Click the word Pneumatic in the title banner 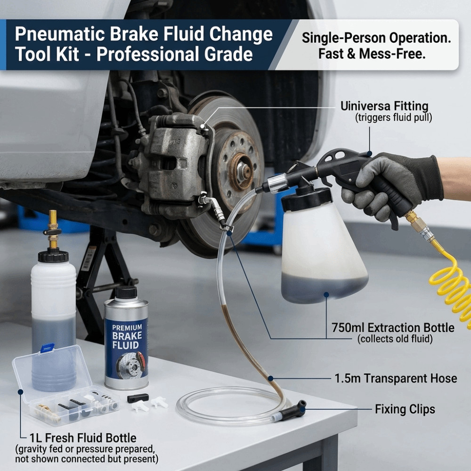(x=60, y=34)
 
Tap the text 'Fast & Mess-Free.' (x=372, y=54)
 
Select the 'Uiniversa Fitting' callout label (x=384, y=106)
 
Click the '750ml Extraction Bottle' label (x=393, y=327)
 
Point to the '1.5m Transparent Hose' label (x=396, y=379)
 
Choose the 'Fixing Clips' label (x=405, y=409)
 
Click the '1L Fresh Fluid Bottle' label (x=83, y=438)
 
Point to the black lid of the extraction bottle (x=307, y=198)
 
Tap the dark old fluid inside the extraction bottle (x=325, y=288)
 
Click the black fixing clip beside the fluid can (x=138, y=398)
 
